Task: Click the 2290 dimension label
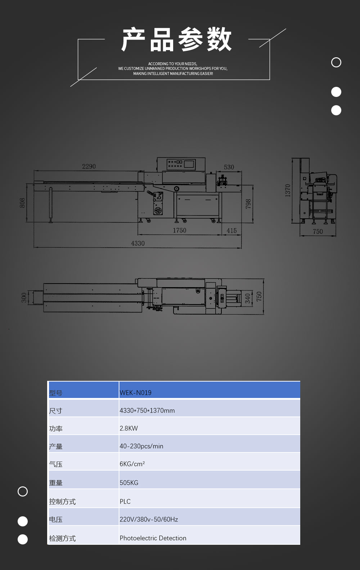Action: pyautogui.click(x=89, y=166)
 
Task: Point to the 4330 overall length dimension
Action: pyautogui.click(x=138, y=244)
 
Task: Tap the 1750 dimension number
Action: pyautogui.click(x=180, y=231)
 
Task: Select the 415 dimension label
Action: pyautogui.click(x=231, y=231)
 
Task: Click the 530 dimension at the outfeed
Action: pyautogui.click(x=229, y=167)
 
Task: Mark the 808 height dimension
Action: pyautogui.click(x=22, y=203)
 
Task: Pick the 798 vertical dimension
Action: pyautogui.click(x=248, y=204)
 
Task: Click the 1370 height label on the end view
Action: pyautogui.click(x=288, y=190)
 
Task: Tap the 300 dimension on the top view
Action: pyautogui.click(x=24, y=298)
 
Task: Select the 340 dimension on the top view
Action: pyautogui.click(x=248, y=298)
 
